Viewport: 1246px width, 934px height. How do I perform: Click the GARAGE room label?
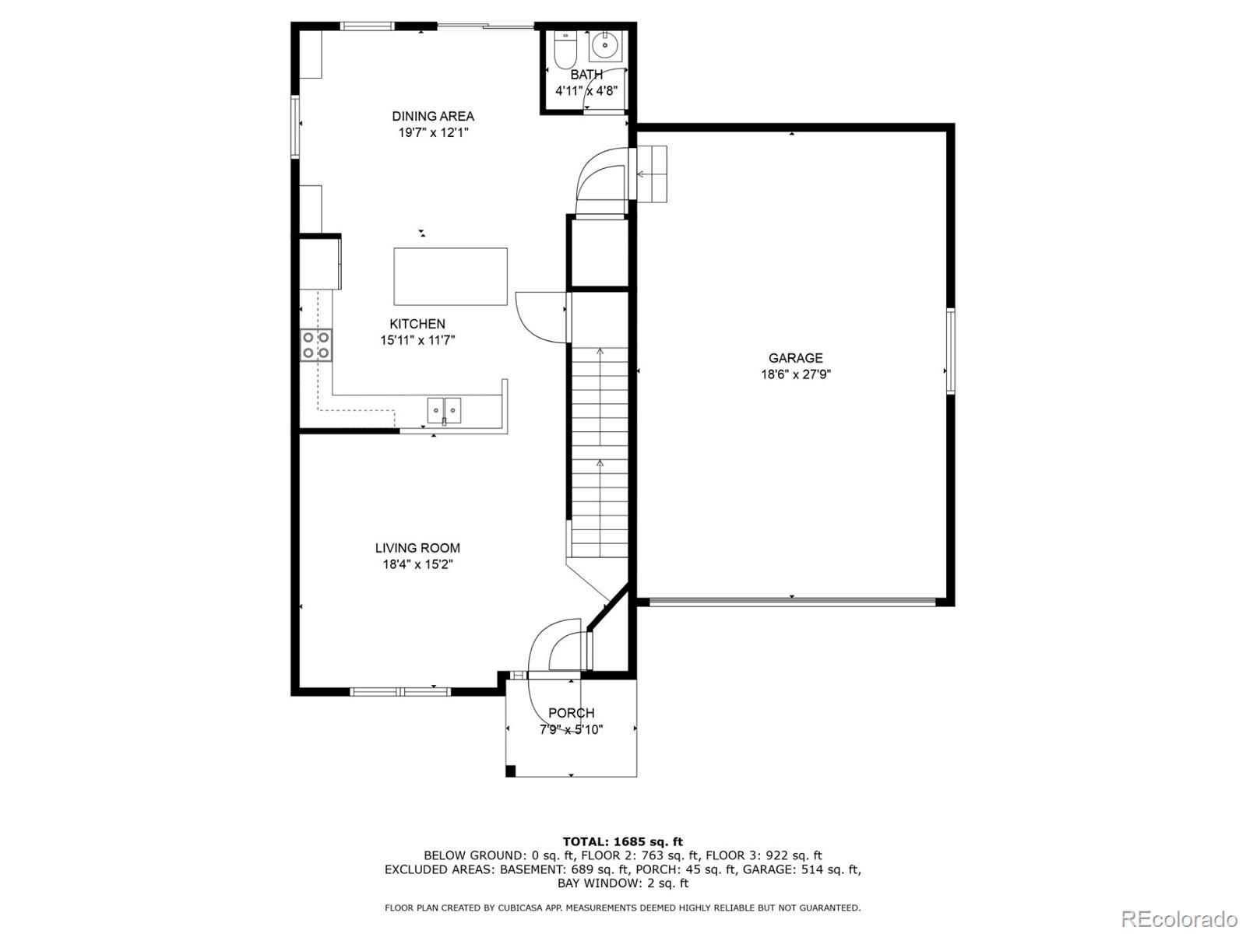point(795,358)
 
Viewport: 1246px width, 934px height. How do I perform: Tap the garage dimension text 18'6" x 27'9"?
point(796,374)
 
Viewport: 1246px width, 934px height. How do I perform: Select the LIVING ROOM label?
point(417,548)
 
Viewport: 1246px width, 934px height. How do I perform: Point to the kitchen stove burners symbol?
point(316,346)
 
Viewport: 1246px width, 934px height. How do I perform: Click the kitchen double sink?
point(444,411)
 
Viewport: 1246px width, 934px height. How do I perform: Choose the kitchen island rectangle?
point(451,277)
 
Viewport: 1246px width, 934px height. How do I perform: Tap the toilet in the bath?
point(565,49)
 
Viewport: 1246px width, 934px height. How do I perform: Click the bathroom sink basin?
point(606,45)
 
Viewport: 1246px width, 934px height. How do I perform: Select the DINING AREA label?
point(433,116)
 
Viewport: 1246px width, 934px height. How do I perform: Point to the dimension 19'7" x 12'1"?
point(433,132)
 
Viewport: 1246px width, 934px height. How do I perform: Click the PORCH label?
point(571,713)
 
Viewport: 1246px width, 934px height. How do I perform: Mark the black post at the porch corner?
point(510,771)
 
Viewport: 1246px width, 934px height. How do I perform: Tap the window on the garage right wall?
point(950,351)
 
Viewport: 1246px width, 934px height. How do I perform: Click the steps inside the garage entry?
point(651,174)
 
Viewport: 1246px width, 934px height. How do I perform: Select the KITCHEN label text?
point(417,324)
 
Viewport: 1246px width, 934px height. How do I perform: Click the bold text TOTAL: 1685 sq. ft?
point(623,841)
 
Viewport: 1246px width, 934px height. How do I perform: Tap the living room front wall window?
point(400,691)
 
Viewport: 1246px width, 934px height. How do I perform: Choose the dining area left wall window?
point(295,127)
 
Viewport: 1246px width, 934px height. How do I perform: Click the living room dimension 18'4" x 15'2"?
point(417,564)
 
